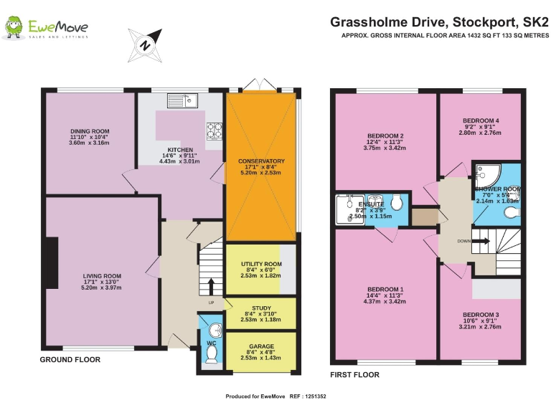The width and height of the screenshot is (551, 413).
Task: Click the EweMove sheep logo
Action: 12,28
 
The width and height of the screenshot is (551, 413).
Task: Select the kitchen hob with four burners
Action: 215,130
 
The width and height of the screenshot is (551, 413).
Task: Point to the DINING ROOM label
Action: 90,131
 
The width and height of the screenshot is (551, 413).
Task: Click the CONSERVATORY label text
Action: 261,161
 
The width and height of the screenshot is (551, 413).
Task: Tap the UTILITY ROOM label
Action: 261,264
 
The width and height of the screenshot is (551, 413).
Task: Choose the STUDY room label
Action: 261,308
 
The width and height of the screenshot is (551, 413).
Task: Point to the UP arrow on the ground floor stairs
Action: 211,286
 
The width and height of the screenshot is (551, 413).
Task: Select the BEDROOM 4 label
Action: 481,120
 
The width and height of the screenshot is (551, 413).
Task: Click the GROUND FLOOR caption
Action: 70,360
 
